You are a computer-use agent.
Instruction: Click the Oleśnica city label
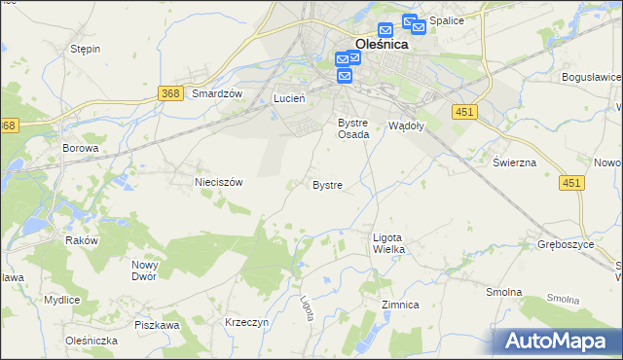coord(381,44)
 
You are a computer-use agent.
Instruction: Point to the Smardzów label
coord(216,93)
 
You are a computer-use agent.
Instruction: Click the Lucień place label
coord(289,98)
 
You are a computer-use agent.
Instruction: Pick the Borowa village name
coord(81,149)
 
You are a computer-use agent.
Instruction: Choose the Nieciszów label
coord(218,181)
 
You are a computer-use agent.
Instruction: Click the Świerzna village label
coord(514,162)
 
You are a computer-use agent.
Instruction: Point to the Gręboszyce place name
coord(566,244)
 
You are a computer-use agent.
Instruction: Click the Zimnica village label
coord(400,305)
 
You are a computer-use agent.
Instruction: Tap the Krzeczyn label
coord(245,322)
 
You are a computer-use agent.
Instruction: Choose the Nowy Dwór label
coord(145,270)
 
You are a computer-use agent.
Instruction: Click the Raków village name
coord(83,239)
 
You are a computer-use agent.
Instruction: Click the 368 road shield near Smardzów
coord(170,91)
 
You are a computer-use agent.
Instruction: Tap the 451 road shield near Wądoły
coord(463,113)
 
